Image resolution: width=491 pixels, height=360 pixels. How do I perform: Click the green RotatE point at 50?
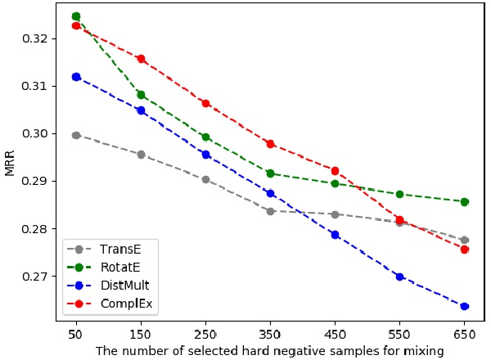[x=76, y=16]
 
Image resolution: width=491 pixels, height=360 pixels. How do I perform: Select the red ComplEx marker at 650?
[x=464, y=250]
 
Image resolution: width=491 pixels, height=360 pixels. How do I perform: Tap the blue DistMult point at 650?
[x=464, y=306]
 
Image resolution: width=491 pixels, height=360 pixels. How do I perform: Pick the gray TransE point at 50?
[x=76, y=135]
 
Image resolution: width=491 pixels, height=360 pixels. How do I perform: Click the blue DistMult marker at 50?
[x=76, y=77]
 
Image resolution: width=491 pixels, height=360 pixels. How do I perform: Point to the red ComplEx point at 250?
[x=205, y=104]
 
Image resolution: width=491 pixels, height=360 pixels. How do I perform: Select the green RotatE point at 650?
[x=464, y=201]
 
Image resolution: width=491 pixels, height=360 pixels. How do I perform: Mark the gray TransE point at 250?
[x=205, y=179]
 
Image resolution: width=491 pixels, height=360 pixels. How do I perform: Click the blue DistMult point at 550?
[x=399, y=277]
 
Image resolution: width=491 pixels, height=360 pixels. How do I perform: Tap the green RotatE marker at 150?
[x=141, y=95]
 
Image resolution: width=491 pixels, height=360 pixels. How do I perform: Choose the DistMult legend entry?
[x=120, y=286]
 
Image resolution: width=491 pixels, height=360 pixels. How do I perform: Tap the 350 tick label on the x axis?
[x=270, y=335]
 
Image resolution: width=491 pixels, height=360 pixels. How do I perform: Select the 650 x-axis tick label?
[x=464, y=335]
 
